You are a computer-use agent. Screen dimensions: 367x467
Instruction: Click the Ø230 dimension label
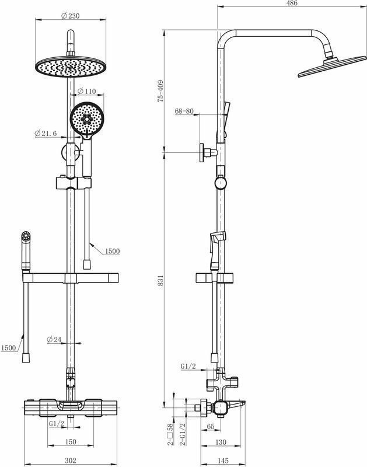pos(70,16)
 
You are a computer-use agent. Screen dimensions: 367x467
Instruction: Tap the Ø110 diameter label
pos(87,92)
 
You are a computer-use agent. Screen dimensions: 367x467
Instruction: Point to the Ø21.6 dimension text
pos(46,134)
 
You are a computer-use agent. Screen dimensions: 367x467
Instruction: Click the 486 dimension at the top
pos(292,4)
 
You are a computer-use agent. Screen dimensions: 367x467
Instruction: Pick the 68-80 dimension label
pos(183,111)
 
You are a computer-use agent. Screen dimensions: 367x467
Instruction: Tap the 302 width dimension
pos(70,461)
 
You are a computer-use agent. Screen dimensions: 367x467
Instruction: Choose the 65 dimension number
pos(210,427)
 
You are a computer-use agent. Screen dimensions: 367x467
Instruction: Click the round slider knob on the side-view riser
pos(220,183)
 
